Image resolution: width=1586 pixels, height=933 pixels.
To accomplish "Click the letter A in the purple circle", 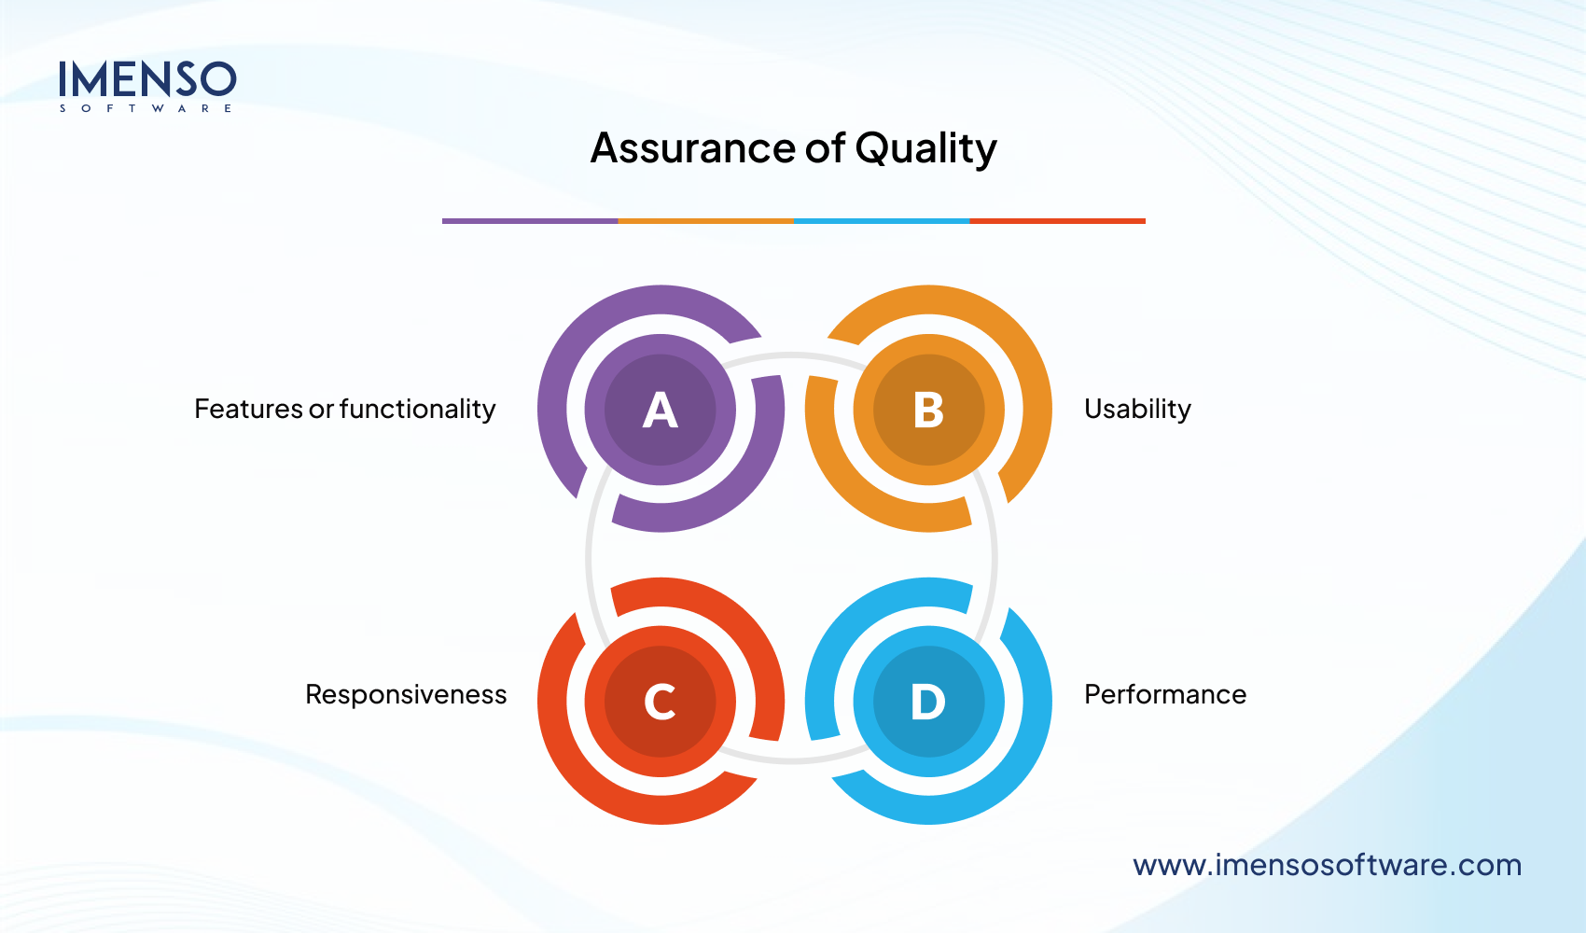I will tap(661, 410).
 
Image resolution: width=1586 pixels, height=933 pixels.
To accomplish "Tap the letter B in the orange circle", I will tap(928, 410).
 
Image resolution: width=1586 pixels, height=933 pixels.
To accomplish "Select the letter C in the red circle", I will tap(661, 702).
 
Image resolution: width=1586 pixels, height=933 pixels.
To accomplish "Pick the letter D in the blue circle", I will tap(928, 702).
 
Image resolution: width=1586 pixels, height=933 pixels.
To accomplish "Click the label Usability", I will tap(1137, 409).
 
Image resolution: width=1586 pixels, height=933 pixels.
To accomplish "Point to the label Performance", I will tap(1164, 694).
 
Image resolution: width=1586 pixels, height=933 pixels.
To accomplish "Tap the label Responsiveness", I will tap(406, 694).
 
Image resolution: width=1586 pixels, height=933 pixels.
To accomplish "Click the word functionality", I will tap(417, 409).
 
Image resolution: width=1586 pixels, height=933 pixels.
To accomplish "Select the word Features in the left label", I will tap(248, 409).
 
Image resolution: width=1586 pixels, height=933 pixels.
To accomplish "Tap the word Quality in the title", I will tap(925, 148).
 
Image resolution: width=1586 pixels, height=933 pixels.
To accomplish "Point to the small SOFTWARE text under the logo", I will tap(146, 109).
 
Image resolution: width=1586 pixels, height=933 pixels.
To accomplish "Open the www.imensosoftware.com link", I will tap(1327, 865).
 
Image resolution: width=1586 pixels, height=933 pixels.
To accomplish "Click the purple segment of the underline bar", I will tap(530, 221).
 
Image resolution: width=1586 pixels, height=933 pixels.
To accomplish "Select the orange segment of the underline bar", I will tap(705, 221).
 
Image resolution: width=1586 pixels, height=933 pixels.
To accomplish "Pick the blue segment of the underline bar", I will tap(882, 221).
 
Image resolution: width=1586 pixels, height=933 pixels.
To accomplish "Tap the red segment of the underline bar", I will tap(1057, 221).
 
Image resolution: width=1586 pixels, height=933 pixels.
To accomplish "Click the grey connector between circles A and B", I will tap(793, 356).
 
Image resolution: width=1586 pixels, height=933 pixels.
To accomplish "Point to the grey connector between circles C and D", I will tap(793, 758).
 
